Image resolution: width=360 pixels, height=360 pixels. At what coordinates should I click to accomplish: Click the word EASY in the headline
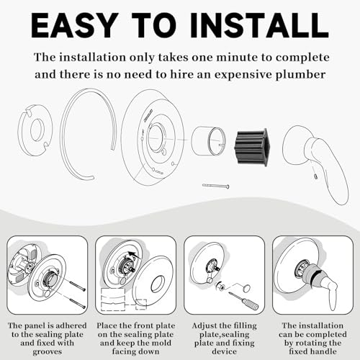73,25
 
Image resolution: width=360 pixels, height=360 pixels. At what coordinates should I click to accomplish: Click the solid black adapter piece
251,147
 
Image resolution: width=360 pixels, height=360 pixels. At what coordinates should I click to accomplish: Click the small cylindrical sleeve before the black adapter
208,140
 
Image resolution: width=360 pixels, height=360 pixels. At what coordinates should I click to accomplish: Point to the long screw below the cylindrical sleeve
216,186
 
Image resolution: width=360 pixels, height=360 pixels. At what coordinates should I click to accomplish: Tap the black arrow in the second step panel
135,255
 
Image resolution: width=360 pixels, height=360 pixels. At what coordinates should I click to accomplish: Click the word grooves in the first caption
48,352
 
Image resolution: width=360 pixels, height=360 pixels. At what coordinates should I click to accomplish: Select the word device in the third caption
224,351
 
